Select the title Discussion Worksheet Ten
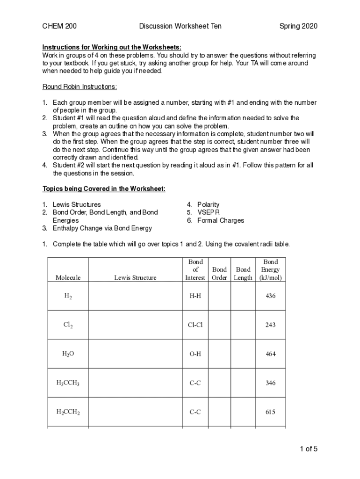point(180,26)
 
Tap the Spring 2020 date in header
point(298,26)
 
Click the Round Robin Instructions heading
point(79,87)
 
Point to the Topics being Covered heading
point(104,189)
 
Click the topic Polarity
point(208,204)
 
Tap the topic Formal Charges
point(221,220)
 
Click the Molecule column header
point(68,277)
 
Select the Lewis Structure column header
point(135,277)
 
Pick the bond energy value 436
point(270,296)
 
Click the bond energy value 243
point(270,325)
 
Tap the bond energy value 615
point(270,412)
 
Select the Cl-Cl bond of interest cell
point(195,325)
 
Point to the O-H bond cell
point(195,354)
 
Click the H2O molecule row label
point(68,354)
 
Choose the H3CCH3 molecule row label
point(68,383)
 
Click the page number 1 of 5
point(309,450)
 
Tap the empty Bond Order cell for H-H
point(219,296)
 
